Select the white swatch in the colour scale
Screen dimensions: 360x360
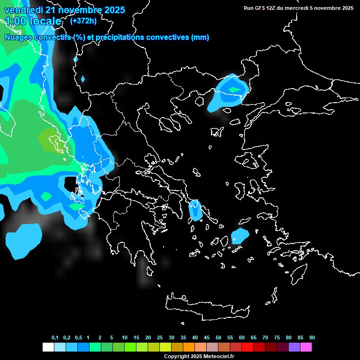click(48, 347)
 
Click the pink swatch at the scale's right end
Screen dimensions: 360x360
click(306, 347)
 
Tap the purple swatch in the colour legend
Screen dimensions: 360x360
click(294, 347)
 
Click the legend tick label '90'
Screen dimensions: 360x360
click(312, 337)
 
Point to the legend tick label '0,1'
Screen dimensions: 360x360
click(55, 337)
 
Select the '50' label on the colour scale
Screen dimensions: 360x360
click(218, 337)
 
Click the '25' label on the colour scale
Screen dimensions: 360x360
click(160, 337)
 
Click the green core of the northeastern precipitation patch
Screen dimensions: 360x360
click(233, 89)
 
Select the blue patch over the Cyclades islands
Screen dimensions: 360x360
click(240, 236)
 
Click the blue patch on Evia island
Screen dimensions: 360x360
click(195, 210)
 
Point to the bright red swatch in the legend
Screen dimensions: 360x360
click(247, 347)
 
